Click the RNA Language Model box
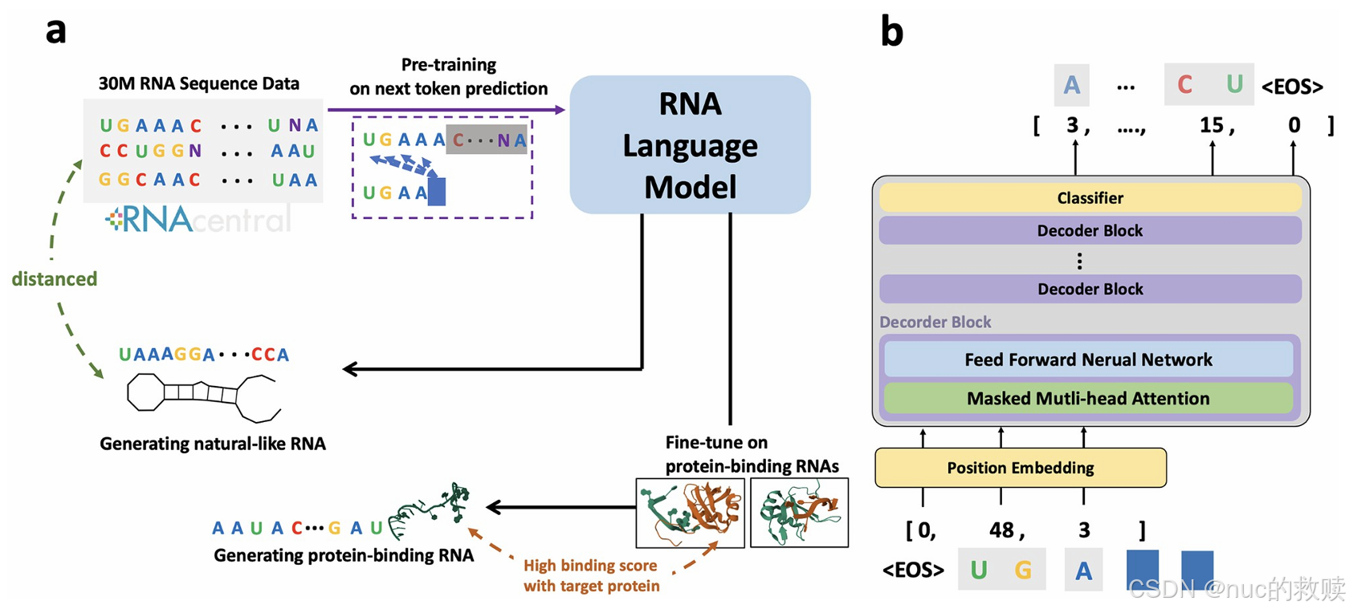[690, 144]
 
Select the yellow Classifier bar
[1090, 197]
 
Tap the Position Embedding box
[1020, 468]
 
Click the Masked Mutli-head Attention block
[1088, 398]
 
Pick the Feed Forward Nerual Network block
[1088, 359]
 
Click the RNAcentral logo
[198, 219]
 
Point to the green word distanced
[54, 278]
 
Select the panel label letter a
[55, 30]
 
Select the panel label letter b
[891, 32]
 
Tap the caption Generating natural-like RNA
[212, 444]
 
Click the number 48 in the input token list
[1005, 530]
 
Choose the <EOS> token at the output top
[1292, 87]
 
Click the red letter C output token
[1184, 85]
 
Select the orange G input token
[1022, 570]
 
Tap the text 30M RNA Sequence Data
[198, 83]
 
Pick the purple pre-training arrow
[446, 110]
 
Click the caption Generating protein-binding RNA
[343, 555]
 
